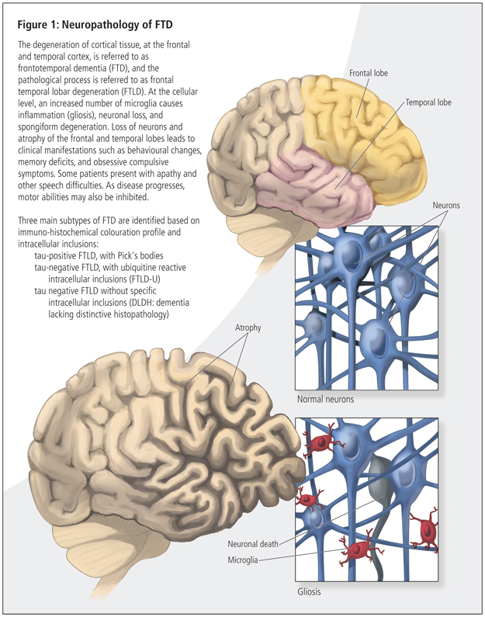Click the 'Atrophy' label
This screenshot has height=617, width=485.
click(x=248, y=328)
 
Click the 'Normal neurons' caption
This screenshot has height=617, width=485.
click(x=326, y=400)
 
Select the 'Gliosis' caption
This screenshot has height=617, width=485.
click(x=310, y=592)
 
